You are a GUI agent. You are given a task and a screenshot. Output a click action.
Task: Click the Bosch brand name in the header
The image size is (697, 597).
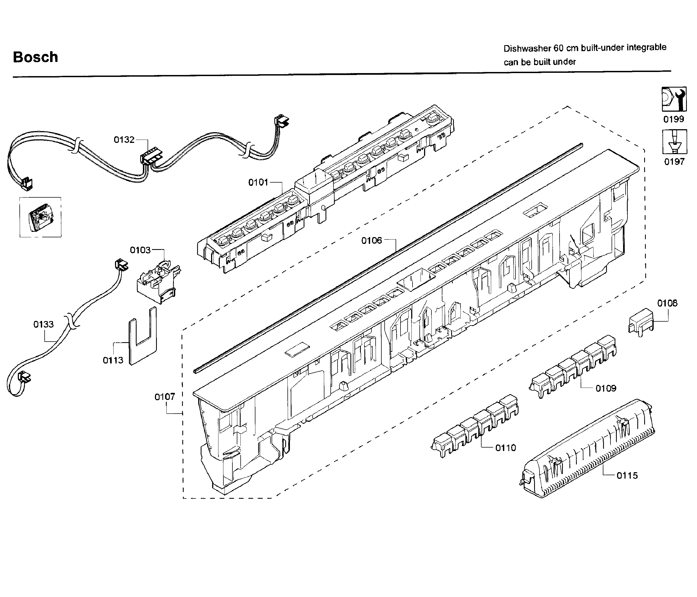point(35,57)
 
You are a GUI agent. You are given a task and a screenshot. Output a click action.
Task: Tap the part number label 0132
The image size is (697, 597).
point(124,140)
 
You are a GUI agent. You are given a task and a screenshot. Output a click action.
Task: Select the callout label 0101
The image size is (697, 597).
point(258,182)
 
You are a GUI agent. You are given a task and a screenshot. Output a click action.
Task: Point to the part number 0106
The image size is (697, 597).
point(372,241)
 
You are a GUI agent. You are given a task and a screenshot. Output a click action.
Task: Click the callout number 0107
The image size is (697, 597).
point(165,397)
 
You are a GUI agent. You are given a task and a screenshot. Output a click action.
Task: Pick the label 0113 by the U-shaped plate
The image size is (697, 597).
point(113,360)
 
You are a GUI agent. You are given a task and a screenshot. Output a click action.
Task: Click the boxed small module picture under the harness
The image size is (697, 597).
point(40,217)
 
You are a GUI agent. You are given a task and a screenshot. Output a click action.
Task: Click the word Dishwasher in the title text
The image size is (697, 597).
point(526,49)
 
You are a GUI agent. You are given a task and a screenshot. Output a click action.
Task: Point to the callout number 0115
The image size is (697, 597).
point(627,475)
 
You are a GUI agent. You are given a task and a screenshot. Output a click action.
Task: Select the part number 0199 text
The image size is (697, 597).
point(674,119)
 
